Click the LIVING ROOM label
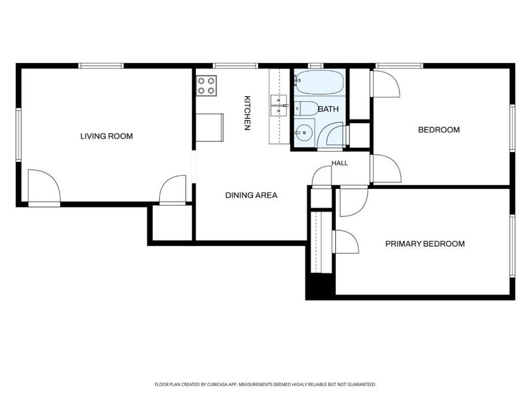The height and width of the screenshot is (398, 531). [x=106, y=137]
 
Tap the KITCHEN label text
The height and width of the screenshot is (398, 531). [x=247, y=113]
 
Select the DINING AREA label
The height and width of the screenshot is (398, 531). [x=252, y=195]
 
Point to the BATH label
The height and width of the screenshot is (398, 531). [x=328, y=109]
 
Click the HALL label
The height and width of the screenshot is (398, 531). [x=340, y=163]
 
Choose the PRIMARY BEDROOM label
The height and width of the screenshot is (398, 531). [x=425, y=243]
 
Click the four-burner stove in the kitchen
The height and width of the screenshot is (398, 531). [x=206, y=86]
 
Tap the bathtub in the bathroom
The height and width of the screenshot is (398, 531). [x=319, y=82]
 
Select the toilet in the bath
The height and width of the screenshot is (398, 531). [x=306, y=108]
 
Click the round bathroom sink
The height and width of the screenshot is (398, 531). [x=304, y=133]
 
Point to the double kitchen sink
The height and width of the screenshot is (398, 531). [x=279, y=105]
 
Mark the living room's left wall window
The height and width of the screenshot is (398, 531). [x=19, y=135]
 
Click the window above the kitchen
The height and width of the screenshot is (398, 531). [x=236, y=66]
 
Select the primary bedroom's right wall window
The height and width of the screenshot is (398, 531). [x=512, y=246]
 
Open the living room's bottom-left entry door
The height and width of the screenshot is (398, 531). [x=44, y=188]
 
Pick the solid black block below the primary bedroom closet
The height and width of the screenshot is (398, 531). [x=321, y=286]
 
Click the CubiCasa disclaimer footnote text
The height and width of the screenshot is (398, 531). [x=265, y=385]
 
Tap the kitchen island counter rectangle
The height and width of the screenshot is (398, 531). [x=210, y=127]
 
